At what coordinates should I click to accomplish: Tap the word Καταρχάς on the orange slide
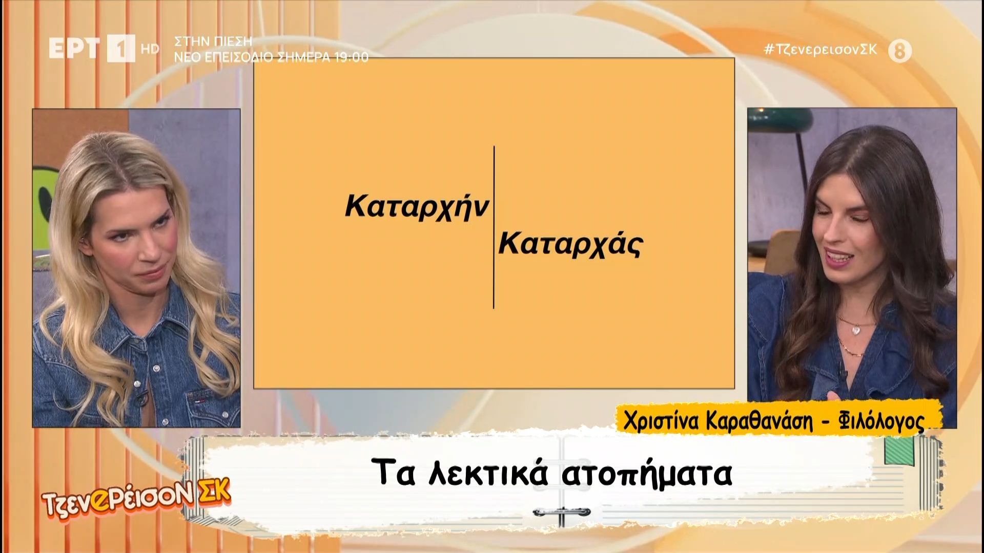pos(570,245)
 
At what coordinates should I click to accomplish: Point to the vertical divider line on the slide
pos(494,227)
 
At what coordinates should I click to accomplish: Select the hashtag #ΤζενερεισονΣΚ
pos(821,50)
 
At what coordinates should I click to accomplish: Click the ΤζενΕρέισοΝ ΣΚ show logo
pos(137,492)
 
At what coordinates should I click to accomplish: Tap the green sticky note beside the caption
pos(900,452)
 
